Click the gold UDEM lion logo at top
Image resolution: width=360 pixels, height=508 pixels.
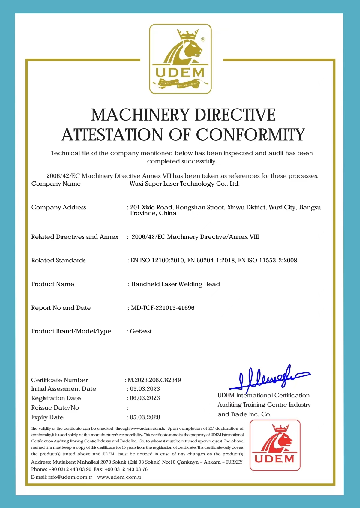180,59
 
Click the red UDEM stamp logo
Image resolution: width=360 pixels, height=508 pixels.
275,445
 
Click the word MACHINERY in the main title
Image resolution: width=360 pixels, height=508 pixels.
140,115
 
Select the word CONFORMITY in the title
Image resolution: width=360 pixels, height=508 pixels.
250,135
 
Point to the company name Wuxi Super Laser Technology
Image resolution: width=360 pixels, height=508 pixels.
184,184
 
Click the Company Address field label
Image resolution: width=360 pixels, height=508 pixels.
58,208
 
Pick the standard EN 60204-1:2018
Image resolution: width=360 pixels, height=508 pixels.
211,261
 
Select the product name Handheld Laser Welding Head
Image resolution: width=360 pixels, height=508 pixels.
175,284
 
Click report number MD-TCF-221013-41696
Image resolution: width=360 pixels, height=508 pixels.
163,308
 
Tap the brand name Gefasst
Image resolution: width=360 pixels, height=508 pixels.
141,331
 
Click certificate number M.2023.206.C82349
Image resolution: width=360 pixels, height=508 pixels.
154,380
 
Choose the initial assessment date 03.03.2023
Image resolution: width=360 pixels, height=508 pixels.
145,389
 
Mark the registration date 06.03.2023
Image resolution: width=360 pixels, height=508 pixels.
145,398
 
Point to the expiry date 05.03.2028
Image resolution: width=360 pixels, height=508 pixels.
145,417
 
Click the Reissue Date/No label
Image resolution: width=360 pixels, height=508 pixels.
55,408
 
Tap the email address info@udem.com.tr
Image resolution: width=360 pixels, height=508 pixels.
70,477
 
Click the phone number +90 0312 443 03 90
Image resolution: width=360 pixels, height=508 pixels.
70,469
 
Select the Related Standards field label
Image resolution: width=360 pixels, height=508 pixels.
58,261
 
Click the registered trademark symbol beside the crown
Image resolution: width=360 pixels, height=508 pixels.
203,39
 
